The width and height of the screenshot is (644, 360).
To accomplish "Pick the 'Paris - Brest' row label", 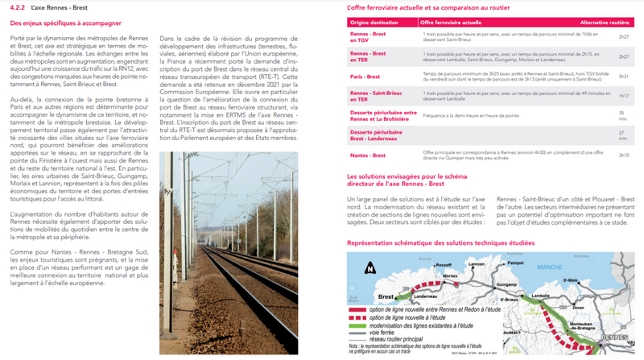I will pyautogui.click(x=365, y=75).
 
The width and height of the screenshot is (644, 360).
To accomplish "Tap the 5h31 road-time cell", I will pyautogui.click(x=623, y=75).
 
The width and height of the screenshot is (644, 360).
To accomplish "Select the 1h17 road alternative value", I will pyautogui.click(x=623, y=96).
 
